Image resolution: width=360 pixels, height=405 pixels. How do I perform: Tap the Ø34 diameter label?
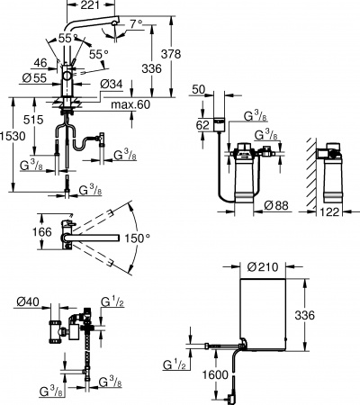tap(112, 85)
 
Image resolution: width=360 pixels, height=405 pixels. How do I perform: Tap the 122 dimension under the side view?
tap(330, 212)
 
